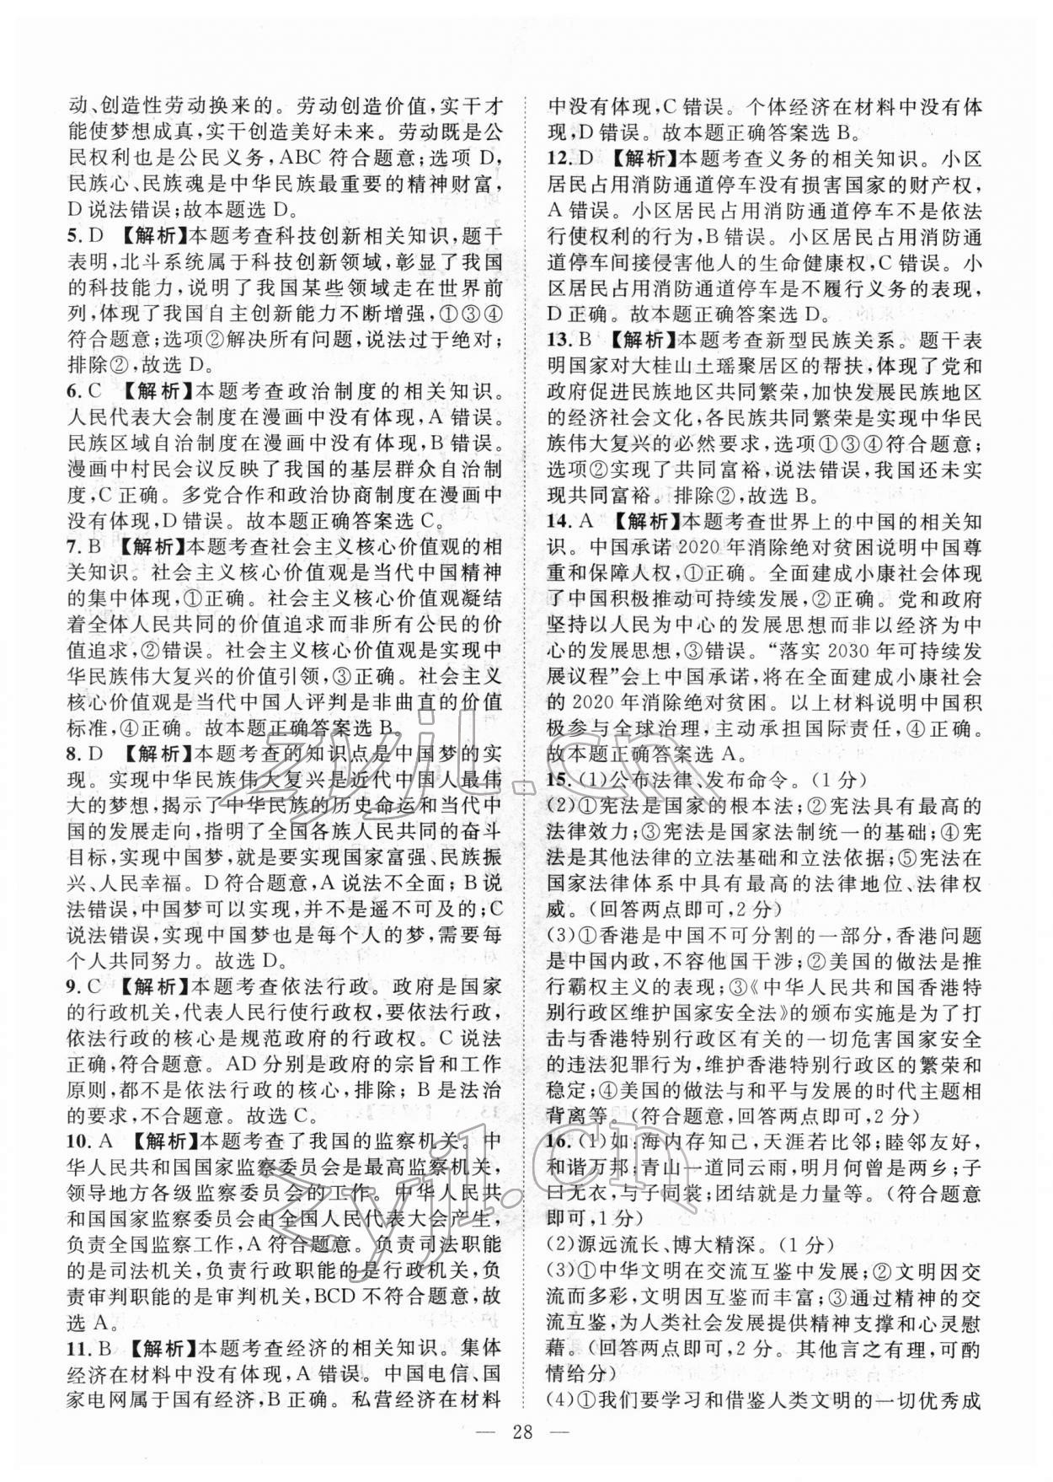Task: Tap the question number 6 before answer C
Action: tap(72, 391)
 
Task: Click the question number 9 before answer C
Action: tap(72, 986)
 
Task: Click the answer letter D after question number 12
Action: tap(586, 158)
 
